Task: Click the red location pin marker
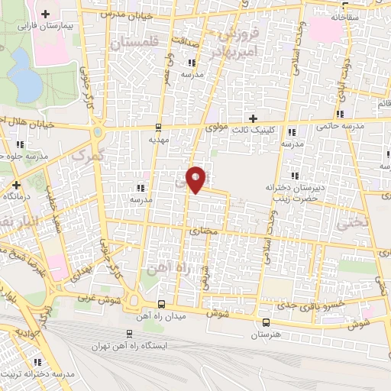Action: tap(195, 179)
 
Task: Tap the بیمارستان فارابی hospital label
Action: tap(46, 26)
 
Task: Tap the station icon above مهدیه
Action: tap(158, 128)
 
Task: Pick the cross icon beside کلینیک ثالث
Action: tap(254, 118)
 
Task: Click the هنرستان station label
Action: tap(265, 334)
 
